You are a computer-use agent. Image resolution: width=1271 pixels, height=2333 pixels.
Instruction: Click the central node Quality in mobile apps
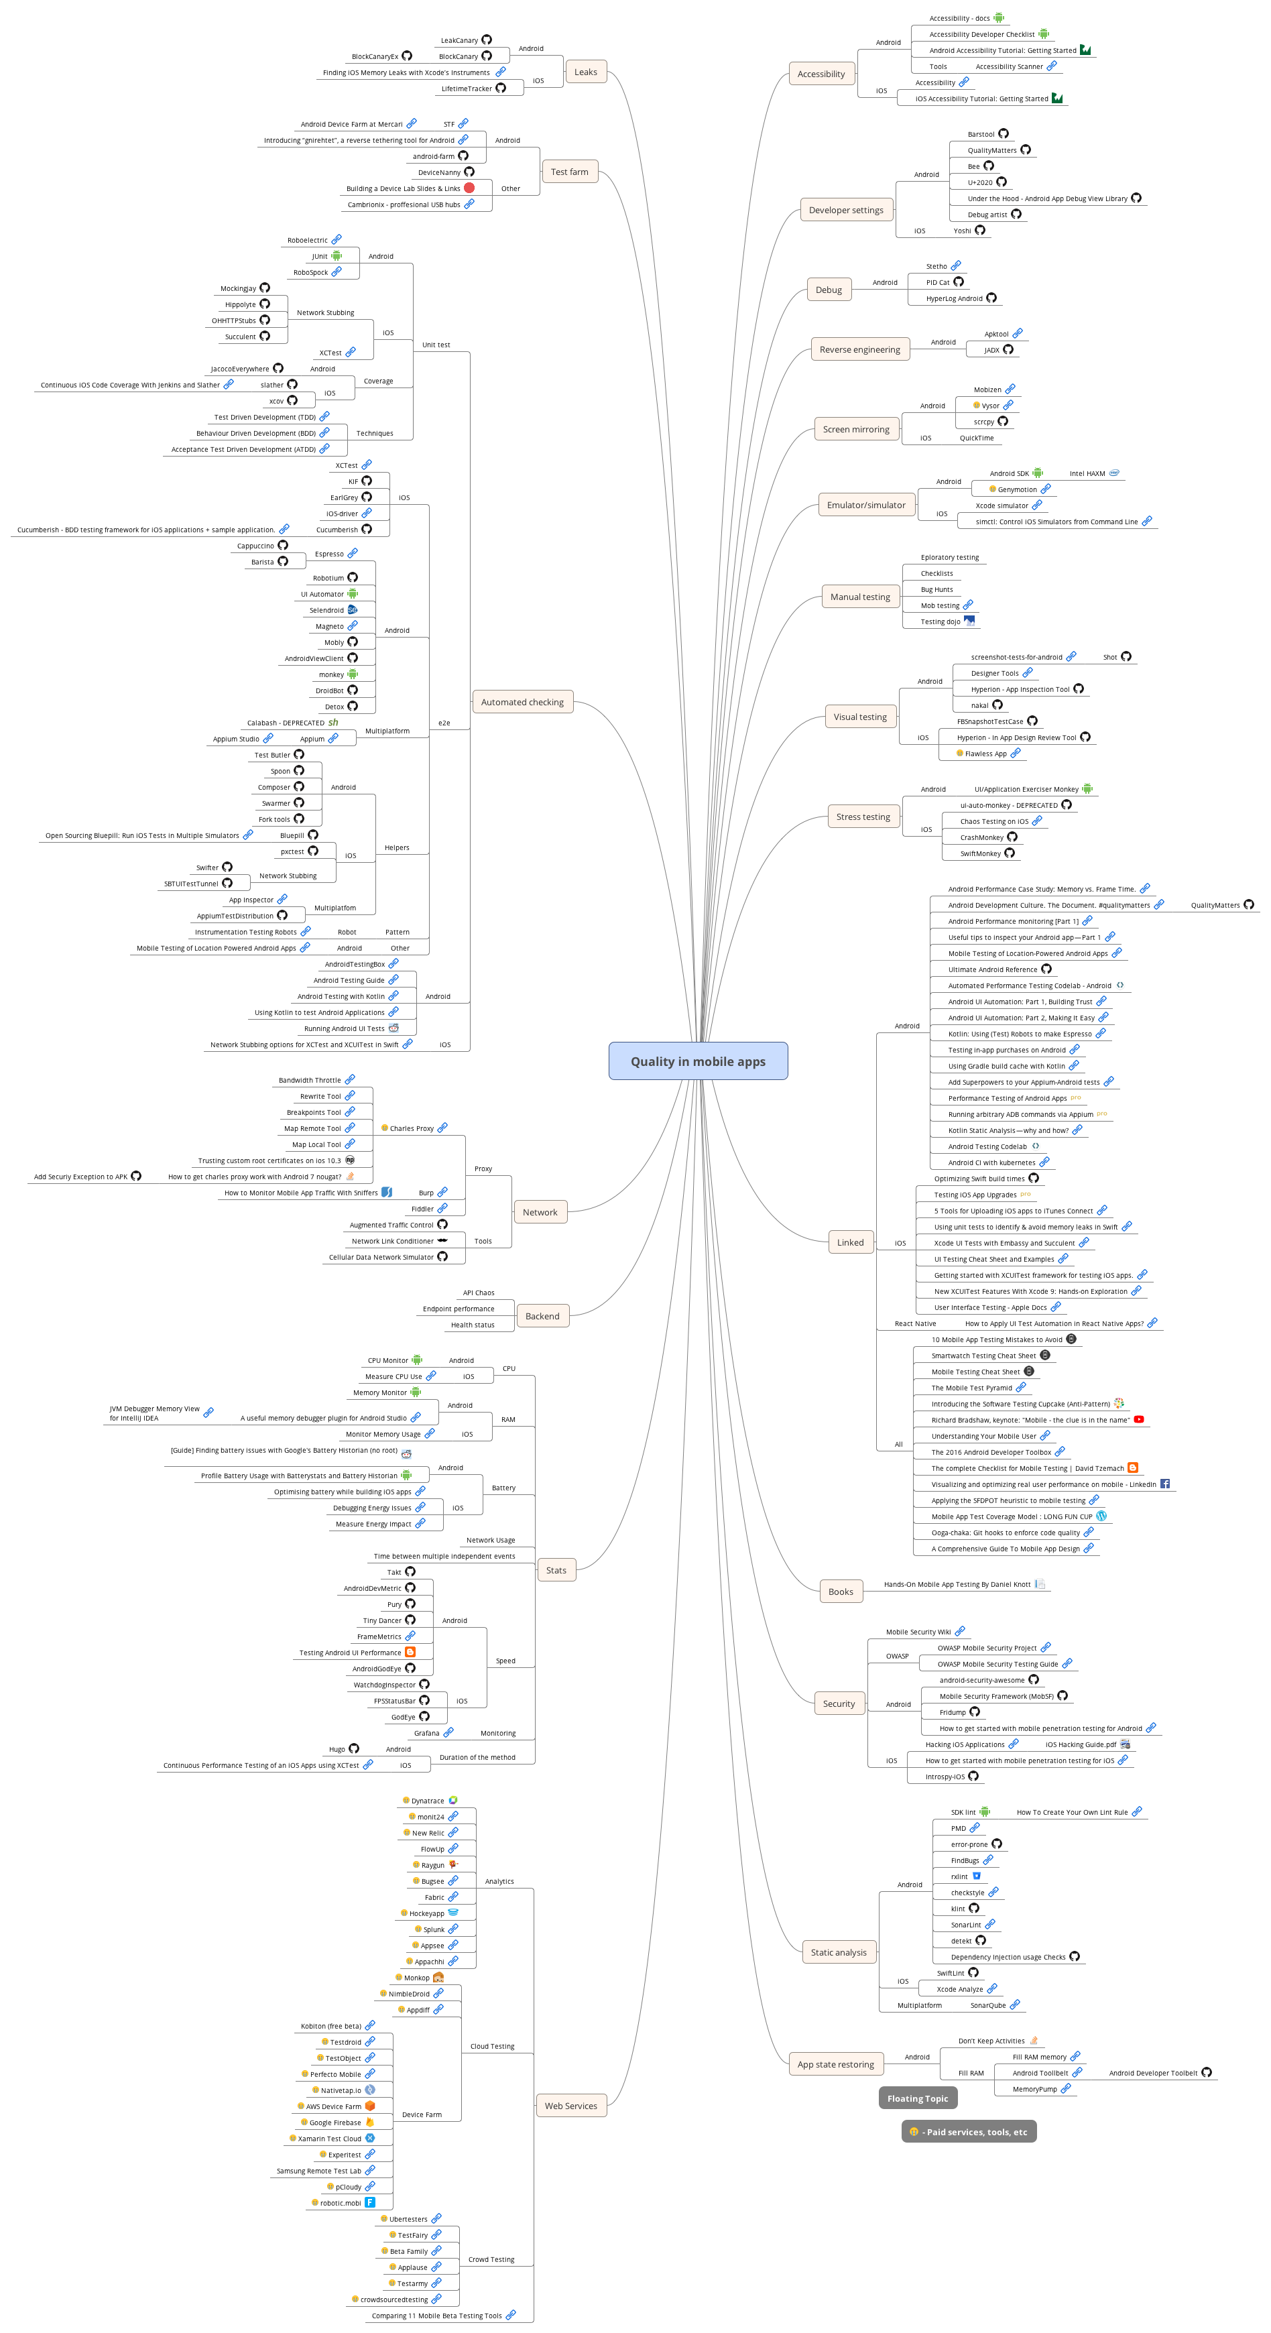(x=698, y=1061)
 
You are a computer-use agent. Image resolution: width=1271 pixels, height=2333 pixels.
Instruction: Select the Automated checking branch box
(x=522, y=702)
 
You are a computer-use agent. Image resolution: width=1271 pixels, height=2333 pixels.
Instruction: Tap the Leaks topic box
(x=585, y=72)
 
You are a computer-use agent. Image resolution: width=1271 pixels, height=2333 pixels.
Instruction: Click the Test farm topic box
(x=569, y=172)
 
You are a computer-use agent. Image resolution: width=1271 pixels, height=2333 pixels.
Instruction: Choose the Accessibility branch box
(x=821, y=74)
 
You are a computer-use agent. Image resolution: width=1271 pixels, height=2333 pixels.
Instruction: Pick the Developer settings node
(x=845, y=210)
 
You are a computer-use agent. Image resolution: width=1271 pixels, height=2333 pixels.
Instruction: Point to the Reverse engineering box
(x=859, y=349)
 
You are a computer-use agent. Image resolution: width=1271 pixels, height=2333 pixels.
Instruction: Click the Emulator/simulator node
(x=865, y=505)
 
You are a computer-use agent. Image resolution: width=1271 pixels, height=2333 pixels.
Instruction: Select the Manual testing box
(x=859, y=597)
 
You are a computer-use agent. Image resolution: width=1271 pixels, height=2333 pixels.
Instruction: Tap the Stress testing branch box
(x=863, y=817)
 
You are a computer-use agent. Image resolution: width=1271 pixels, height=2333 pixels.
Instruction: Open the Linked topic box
(x=850, y=1242)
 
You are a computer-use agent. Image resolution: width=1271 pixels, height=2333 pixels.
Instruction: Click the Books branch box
(x=840, y=1592)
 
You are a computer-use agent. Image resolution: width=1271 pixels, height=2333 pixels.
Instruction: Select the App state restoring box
(x=835, y=2064)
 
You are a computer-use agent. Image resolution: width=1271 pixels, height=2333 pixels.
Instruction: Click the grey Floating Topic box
(x=917, y=2098)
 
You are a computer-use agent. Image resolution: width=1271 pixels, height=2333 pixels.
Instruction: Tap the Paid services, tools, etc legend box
(x=969, y=2132)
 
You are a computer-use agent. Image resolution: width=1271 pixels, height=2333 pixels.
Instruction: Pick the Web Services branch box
(x=570, y=2106)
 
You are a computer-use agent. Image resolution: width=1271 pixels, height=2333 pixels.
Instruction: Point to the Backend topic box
(x=542, y=1316)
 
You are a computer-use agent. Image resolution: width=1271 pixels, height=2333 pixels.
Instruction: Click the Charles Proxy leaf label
(x=412, y=1128)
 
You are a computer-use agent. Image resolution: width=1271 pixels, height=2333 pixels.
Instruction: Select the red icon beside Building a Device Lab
(x=469, y=188)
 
